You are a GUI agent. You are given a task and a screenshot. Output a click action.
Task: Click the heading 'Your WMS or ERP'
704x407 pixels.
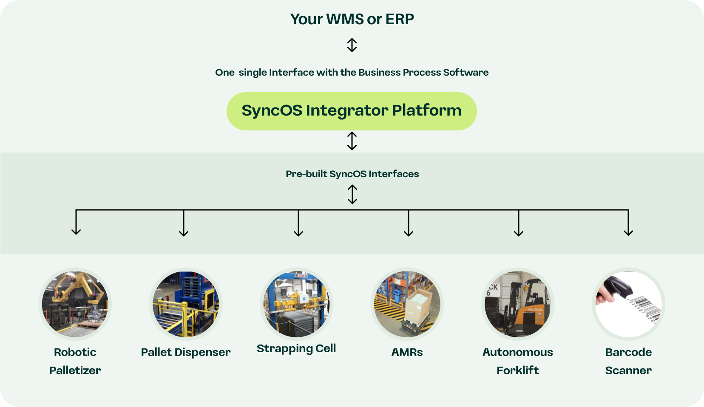[352, 19]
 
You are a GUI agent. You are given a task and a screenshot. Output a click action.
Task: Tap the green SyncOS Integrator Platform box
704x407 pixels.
[352, 111]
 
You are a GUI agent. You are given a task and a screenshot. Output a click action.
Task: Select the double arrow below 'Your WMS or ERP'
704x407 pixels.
[352, 45]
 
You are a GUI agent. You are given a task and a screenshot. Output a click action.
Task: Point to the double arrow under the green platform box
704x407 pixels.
[352, 141]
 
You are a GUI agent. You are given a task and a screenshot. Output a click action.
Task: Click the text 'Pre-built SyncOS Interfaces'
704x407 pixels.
[352, 174]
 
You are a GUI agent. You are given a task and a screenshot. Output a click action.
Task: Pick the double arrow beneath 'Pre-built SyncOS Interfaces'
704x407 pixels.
[352, 195]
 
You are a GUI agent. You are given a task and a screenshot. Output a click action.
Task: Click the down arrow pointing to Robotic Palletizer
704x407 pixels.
[76, 222]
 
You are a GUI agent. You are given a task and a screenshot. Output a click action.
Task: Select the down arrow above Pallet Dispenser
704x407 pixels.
[184, 223]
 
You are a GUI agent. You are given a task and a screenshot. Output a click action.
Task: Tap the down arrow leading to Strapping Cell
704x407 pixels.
[298, 223]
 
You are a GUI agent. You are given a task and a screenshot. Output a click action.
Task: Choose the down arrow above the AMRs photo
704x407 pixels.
[408, 223]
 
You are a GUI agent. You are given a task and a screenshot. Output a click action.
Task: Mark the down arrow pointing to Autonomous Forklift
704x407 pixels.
[519, 223]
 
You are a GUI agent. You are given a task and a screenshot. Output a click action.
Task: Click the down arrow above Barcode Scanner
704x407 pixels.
[628, 223]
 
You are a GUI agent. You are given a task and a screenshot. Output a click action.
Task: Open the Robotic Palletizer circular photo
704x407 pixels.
[75, 304]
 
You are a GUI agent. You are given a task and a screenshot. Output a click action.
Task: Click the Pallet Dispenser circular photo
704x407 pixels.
[186, 304]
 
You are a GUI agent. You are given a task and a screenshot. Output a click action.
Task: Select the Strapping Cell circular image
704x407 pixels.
[296, 304]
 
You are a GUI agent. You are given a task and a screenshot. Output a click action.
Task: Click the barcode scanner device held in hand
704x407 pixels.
[619, 286]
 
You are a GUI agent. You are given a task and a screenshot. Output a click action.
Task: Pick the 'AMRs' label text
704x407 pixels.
[407, 352]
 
